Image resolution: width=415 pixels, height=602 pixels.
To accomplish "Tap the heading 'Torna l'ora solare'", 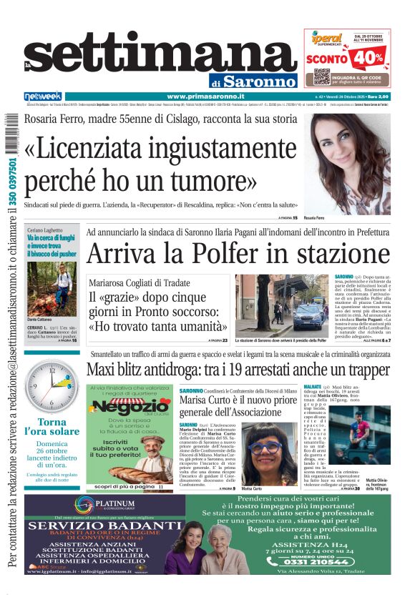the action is tap(52, 427).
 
